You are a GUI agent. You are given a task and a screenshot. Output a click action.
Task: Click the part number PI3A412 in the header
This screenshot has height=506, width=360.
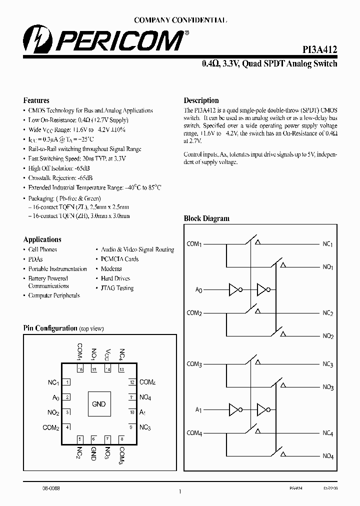319,49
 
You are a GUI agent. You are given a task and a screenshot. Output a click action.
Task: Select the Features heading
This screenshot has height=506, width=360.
36,100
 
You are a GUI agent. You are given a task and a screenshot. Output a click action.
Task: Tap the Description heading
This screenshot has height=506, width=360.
201,100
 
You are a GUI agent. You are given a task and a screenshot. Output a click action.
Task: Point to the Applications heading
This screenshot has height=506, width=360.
42,239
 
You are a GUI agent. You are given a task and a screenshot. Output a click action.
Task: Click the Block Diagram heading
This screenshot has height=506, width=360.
206,218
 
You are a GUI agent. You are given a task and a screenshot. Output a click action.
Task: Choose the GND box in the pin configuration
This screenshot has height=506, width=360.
99,404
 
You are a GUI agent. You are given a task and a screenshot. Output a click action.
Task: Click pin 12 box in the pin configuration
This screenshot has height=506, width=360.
131,382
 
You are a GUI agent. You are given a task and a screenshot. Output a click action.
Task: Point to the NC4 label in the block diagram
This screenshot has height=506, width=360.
328,433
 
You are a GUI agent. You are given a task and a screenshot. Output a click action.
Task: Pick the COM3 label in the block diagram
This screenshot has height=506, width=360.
194,364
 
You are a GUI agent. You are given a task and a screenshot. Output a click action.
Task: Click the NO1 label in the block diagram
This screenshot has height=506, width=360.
328,267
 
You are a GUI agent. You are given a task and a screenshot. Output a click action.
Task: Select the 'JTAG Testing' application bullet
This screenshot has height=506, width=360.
117,288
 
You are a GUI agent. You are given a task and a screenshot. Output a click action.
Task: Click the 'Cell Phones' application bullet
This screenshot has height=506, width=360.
42,249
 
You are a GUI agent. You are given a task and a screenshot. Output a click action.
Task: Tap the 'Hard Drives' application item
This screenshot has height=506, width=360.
115,278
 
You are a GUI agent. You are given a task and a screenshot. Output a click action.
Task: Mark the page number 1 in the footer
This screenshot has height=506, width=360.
179,492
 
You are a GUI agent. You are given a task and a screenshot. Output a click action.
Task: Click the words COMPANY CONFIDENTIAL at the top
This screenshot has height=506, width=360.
180,20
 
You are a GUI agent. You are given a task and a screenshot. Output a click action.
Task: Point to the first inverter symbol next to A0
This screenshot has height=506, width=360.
234,289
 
